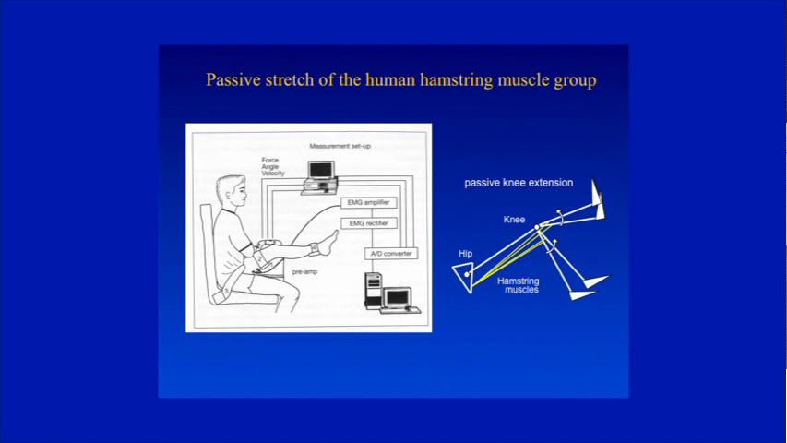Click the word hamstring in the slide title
pos(457,80)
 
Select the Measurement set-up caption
pos(340,146)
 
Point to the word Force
pos(270,161)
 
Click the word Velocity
pos(273,174)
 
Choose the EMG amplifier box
pos(368,203)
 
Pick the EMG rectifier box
pos(368,223)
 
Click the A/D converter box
pos(391,254)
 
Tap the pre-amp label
pos(304,271)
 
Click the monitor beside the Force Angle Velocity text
pos(321,171)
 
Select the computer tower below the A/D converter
pos(373,290)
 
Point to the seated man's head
pos(232,190)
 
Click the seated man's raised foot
pos(328,242)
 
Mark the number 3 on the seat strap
pos(226,291)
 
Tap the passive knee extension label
pos(519,183)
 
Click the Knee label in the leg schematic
pos(514,220)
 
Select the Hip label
pos(465,254)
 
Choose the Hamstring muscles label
pos(519,285)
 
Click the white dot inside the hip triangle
pos(466,274)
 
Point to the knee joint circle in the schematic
pos(537,228)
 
